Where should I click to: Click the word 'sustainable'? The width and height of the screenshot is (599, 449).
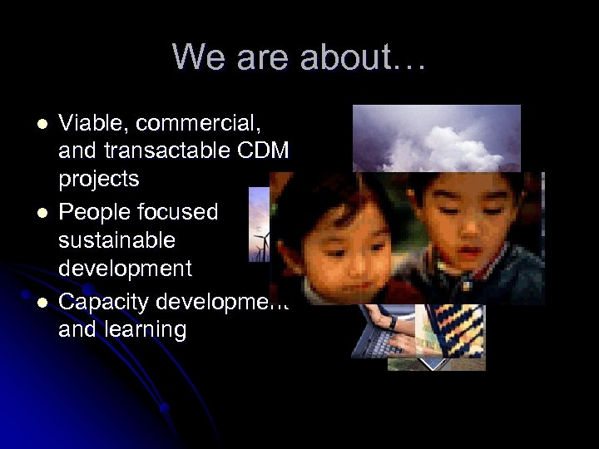116,240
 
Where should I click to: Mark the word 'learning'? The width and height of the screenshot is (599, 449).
146,329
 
